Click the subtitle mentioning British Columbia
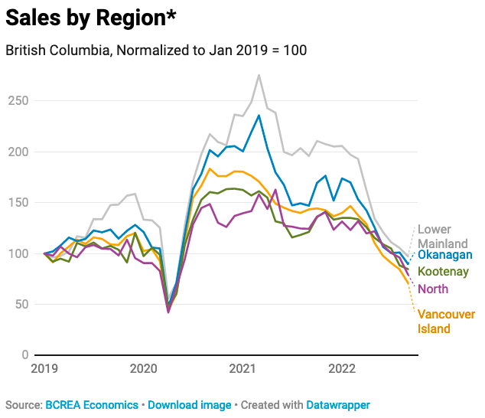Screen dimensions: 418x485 pos(156,51)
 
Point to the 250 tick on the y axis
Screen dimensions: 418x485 pos(18,101)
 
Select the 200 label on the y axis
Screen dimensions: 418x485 pos(18,152)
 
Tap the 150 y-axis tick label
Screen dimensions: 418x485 pos(18,203)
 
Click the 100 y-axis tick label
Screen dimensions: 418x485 pos(18,253)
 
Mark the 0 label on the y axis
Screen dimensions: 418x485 pos(25,355)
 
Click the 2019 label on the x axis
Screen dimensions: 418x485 pos(46,370)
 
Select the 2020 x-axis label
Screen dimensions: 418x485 pos(144,370)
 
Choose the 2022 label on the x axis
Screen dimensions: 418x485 pos(341,370)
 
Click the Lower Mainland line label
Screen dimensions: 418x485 pos(442,237)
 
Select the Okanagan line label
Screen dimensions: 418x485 pos(444,255)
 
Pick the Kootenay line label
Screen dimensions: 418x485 pos(443,272)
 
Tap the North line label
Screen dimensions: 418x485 pos(433,289)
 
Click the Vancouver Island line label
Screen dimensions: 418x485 pos(446,322)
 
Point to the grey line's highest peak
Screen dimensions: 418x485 pos(259,75)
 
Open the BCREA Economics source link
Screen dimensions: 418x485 pos(92,404)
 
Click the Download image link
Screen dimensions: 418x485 pos(184,404)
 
